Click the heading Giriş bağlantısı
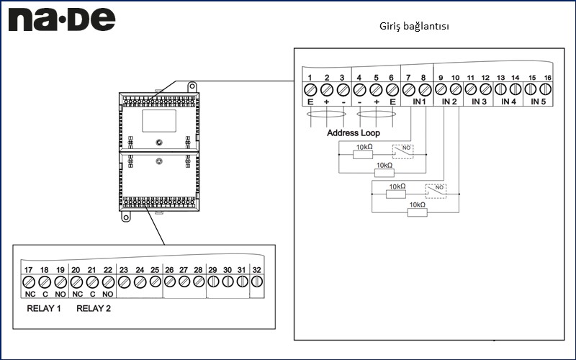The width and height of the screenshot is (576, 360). tap(414, 26)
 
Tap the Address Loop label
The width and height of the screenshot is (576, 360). tap(353, 133)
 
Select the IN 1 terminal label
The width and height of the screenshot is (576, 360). tap(419, 102)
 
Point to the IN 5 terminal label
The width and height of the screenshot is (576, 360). tap(539, 102)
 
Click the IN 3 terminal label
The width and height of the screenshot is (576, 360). tap(480, 102)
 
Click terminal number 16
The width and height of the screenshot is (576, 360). tap(547, 77)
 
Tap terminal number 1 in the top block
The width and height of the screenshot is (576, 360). tap(310, 77)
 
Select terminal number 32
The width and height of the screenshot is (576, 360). tap(256, 270)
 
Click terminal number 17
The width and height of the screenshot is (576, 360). tap(28, 270)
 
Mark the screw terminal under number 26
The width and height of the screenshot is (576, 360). tap(169, 282)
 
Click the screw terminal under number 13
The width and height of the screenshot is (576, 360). tap(500, 90)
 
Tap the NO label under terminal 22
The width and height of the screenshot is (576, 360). tap(107, 294)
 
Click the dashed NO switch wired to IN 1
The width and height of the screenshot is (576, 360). tap(402, 152)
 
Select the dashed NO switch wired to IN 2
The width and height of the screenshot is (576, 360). tap(436, 191)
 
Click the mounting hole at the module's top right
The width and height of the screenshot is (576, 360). tap(192, 86)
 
